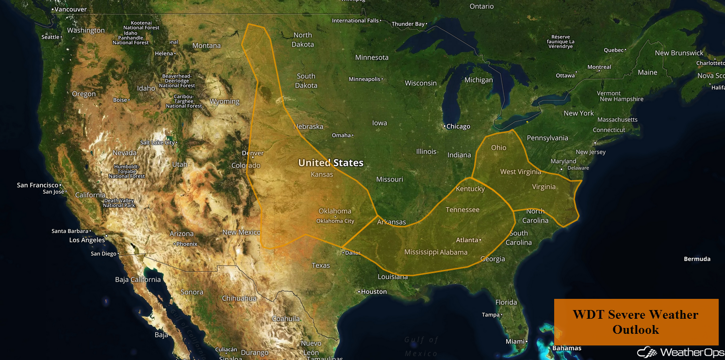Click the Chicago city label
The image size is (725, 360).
[x=458, y=127]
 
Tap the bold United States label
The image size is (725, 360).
[x=330, y=163]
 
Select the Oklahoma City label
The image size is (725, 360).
[x=335, y=221]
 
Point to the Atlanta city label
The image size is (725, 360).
[x=467, y=240]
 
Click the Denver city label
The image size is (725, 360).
[x=253, y=153]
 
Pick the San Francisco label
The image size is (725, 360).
[x=37, y=185]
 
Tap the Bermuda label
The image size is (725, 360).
[x=697, y=259]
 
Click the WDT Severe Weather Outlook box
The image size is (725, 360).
[x=636, y=322]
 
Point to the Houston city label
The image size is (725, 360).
[x=374, y=292]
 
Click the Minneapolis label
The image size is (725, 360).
[x=364, y=79]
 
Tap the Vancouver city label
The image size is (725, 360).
[x=70, y=9]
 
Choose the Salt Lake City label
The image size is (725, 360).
[x=157, y=143]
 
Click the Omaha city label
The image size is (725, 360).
[x=341, y=135]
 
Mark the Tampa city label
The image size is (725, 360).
[x=491, y=315]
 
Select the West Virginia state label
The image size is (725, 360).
[x=520, y=172]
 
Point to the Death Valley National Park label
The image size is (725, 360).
[x=119, y=203]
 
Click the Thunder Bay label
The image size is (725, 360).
[x=408, y=24]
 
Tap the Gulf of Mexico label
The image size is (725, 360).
[x=421, y=346]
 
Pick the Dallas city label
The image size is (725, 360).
[x=352, y=253]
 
